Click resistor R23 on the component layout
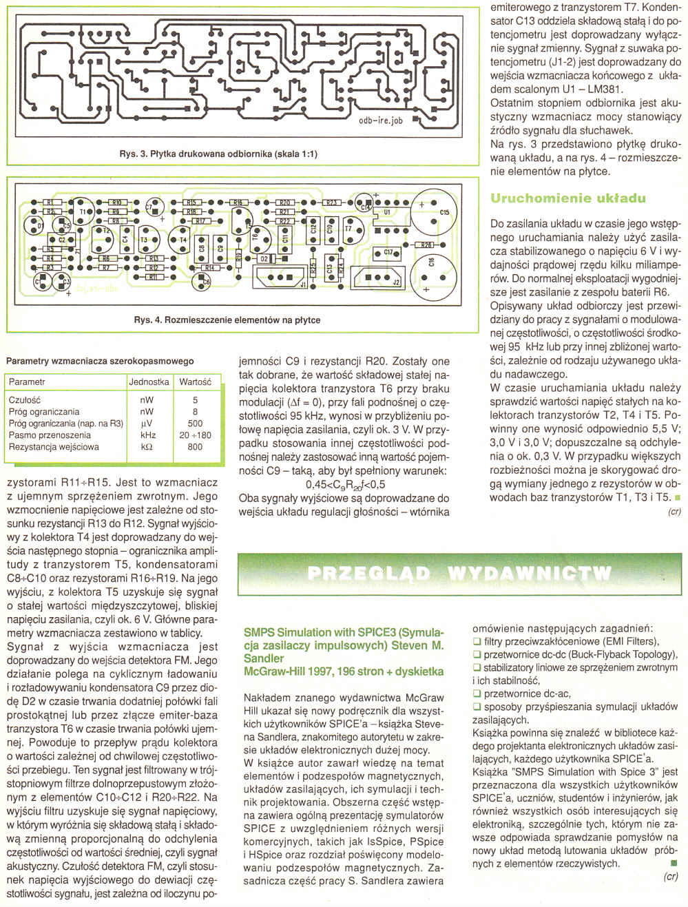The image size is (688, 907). [331, 203]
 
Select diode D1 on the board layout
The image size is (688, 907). [39, 226]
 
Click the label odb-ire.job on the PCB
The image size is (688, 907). [380, 120]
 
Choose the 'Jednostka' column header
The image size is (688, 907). [149, 382]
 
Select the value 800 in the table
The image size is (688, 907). [195, 447]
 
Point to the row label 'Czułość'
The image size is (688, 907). [25, 400]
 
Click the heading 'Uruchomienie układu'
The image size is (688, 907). [567, 198]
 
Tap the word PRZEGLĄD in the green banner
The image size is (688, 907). [368, 574]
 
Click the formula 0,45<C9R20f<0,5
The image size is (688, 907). [345, 484]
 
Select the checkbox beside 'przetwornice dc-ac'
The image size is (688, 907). [477, 694]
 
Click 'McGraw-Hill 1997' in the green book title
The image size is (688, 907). [289, 671]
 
